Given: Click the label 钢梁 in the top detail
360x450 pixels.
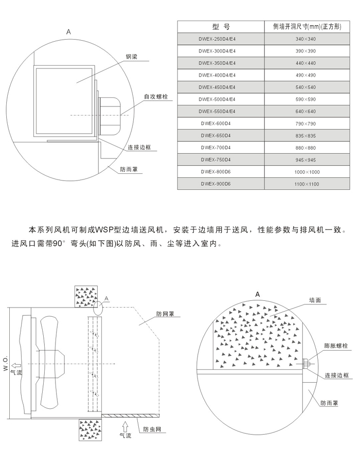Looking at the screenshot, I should click(x=132, y=58).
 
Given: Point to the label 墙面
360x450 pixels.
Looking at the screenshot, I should click(x=315, y=300).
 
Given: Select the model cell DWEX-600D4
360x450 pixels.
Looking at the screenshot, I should click(x=217, y=123).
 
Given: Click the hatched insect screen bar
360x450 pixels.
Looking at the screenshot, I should click(x=131, y=415).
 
